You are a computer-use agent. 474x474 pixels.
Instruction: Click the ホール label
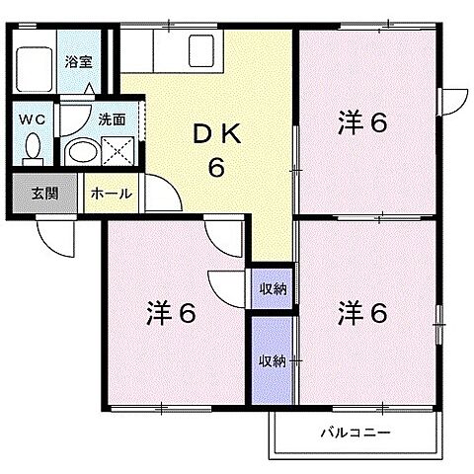(111, 194)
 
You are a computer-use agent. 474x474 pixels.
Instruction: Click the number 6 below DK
(214, 167)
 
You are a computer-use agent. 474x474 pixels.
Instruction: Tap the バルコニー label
(355, 433)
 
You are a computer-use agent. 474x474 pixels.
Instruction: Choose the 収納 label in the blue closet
(273, 360)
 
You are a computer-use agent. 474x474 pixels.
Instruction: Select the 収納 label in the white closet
(273, 288)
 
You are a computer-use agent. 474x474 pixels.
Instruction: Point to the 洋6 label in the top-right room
(363, 123)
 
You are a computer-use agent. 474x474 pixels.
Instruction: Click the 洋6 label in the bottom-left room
(173, 313)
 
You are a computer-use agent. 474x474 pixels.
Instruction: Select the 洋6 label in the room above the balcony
(363, 313)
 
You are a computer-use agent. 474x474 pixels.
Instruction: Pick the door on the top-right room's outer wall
(453, 102)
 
